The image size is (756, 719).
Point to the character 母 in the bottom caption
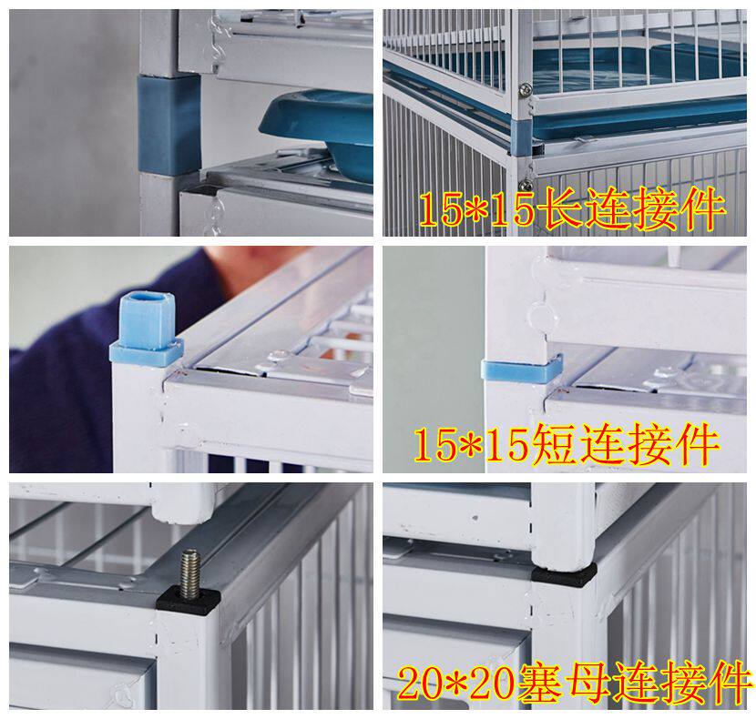click(588, 684)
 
